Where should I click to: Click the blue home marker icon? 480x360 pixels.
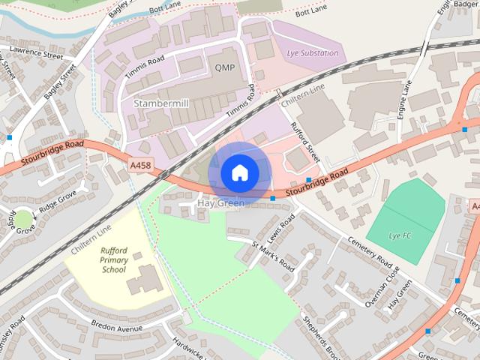[x=239, y=172]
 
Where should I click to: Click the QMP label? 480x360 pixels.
[x=224, y=67]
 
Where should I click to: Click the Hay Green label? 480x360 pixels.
[x=220, y=203]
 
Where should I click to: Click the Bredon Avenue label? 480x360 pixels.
[x=116, y=328]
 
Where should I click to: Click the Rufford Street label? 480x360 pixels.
[x=305, y=142]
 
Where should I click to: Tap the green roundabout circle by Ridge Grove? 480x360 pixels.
[x=23, y=219]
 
